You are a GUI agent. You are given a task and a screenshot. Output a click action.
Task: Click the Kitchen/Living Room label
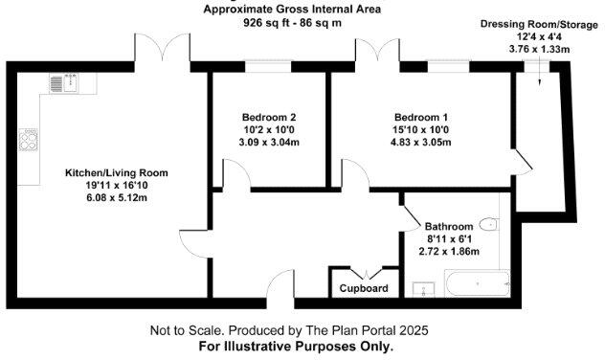(x=116, y=173)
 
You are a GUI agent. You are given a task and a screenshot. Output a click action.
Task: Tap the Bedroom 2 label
(x=268, y=116)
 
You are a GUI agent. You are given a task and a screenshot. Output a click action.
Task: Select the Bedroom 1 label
(x=422, y=116)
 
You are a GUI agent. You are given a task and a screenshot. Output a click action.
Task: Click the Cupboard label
(x=365, y=288)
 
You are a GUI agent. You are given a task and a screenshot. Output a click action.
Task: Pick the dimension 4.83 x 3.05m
(x=422, y=142)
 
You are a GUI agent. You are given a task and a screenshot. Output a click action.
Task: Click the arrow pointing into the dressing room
(x=541, y=77)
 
